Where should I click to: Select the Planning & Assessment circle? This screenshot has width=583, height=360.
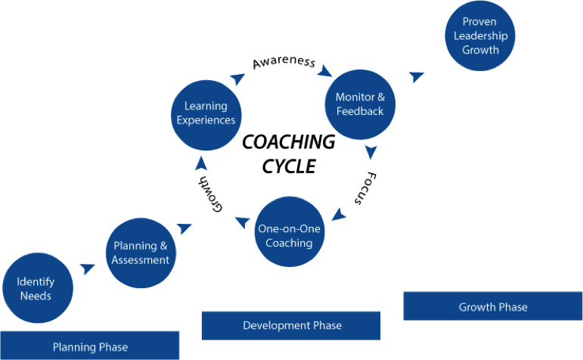pyautogui.click(x=141, y=253)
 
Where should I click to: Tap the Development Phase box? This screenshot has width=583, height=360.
pyautogui.click(x=291, y=325)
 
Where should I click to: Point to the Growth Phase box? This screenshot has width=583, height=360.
pyautogui.click(x=493, y=306)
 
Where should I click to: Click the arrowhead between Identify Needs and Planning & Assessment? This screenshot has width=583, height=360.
pyautogui.click(x=88, y=268)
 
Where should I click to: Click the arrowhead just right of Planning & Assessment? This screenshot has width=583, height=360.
pyautogui.click(x=185, y=227)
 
